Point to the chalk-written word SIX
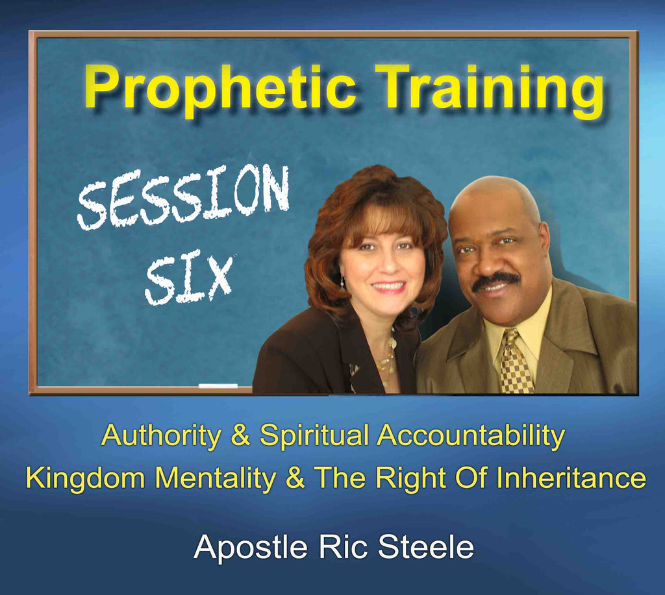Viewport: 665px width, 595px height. point(190,278)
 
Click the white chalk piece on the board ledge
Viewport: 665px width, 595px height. point(218,385)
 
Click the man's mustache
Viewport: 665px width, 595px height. point(496,280)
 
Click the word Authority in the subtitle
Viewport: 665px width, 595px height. point(161,435)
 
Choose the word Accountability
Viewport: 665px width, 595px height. point(471,435)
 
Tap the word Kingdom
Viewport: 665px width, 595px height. point(85,478)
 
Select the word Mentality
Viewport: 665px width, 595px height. point(216,478)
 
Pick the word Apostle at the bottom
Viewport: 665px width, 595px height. point(250,548)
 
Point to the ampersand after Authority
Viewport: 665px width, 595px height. point(240,435)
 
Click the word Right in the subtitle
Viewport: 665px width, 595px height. point(410,478)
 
